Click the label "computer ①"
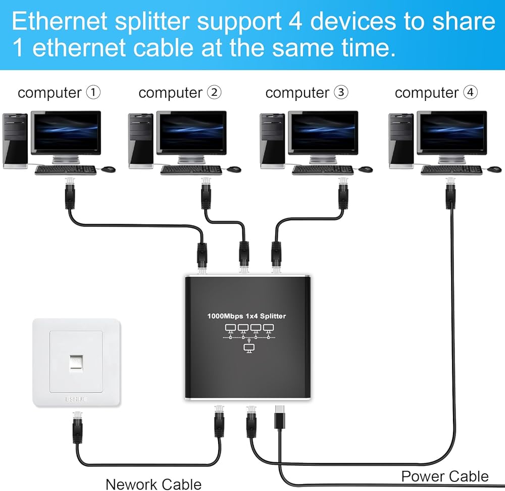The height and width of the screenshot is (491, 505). point(59,93)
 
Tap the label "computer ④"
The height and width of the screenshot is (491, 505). point(436,93)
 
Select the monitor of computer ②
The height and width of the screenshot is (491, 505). point(191,132)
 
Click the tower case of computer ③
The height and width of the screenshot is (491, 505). point(269,140)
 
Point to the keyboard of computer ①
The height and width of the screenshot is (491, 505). point(65,170)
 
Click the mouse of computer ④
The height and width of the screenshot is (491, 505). point(494,169)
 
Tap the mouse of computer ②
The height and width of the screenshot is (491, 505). point(233,169)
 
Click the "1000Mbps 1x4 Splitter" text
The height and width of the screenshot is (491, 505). point(246,316)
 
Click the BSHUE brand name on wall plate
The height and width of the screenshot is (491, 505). point(76,399)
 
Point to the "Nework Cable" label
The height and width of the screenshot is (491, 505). point(153,484)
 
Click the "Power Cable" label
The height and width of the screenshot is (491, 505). point(445,476)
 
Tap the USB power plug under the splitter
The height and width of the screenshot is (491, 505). point(280,417)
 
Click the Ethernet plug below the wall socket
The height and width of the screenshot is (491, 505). point(77,427)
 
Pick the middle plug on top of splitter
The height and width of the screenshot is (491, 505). point(244,255)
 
